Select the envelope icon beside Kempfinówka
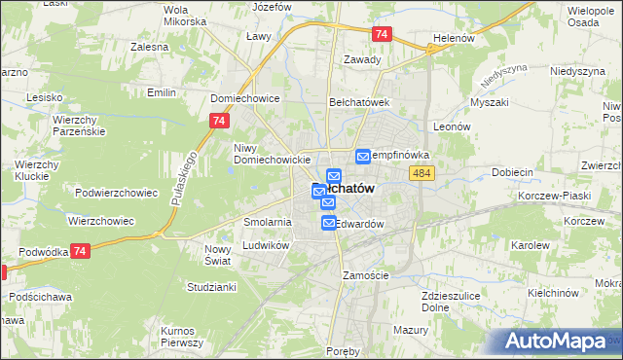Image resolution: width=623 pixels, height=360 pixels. [x=363, y=156]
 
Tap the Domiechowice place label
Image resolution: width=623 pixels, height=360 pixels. [x=245, y=98]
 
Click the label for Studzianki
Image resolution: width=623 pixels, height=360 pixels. [x=211, y=287]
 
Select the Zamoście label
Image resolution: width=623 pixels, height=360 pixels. [x=366, y=275]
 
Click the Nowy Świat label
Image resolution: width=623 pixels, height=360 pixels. [x=217, y=255]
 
